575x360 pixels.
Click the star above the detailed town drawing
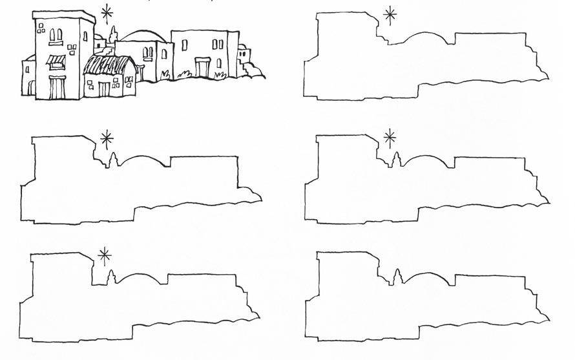click(107, 12)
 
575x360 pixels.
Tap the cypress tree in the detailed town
click(113, 36)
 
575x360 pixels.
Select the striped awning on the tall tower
click(56, 61)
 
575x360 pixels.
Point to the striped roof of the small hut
click(109, 65)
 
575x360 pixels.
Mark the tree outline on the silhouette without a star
click(396, 276)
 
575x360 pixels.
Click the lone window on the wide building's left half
click(185, 45)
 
